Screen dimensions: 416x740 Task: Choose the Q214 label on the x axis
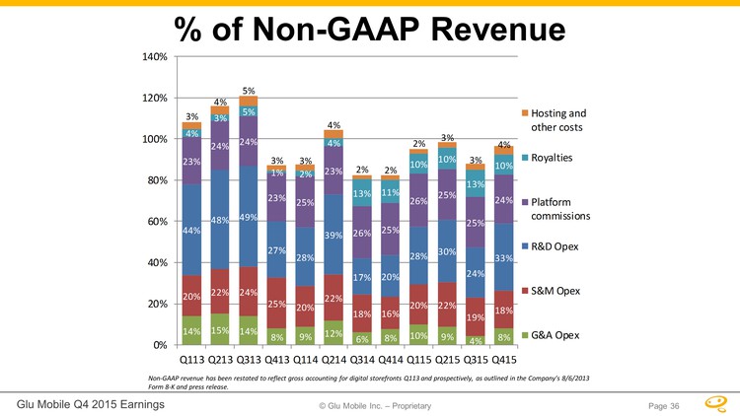click(x=333, y=361)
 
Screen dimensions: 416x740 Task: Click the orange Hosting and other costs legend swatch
click(x=522, y=112)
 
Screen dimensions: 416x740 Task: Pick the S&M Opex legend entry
click(x=558, y=291)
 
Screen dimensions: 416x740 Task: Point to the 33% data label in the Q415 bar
click(x=503, y=258)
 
